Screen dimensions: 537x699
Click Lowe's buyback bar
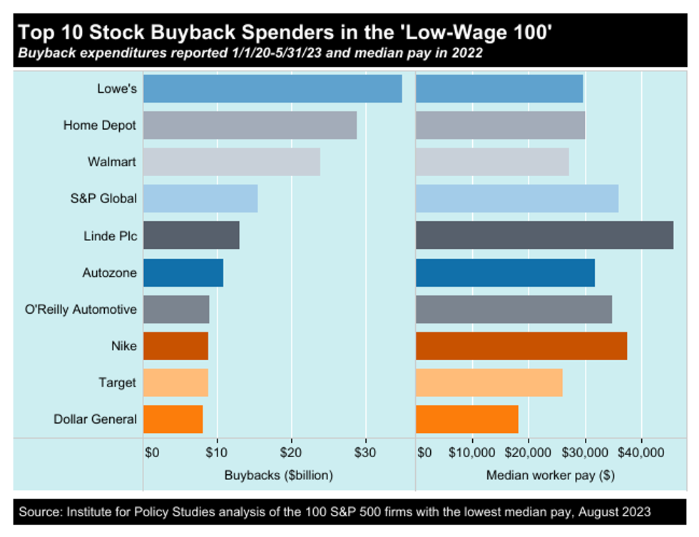click(x=272, y=89)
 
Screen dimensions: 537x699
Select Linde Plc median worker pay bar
click(x=544, y=235)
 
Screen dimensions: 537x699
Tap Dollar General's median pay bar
click(x=466, y=419)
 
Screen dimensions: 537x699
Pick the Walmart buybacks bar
click(x=232, y=162)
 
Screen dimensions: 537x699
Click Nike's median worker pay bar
click(x=521, y=346)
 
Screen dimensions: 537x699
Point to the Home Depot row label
click(x=100, y=126)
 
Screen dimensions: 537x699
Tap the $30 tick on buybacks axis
click(x=365, y=452)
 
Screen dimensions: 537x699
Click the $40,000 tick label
click(x=642, y=452)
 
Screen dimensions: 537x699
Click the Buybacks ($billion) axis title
click(x=279, y=474)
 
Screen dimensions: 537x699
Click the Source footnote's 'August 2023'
click(x=617, y=511)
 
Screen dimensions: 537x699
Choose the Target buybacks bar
click(x=175, y=382)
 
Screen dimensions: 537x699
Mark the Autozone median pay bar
click(x=505, y=272)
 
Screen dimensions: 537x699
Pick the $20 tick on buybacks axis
click(x=291, y=452)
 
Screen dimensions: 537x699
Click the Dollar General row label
click(x=95, y=419)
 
